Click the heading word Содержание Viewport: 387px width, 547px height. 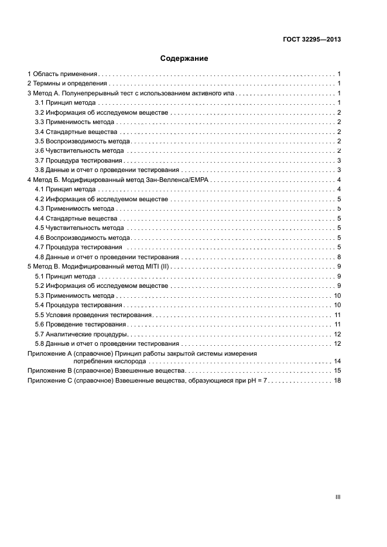tap(184, 59)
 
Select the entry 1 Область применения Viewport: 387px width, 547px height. tap(63, 74)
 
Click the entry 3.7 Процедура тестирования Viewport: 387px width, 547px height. tap(78, 160)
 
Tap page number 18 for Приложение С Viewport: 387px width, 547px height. tap(337, 380)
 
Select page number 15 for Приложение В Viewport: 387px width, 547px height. tap(337, 371)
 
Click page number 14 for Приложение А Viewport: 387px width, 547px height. tap(337, 362)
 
